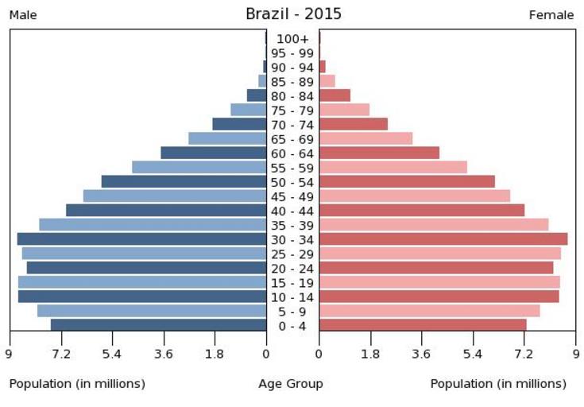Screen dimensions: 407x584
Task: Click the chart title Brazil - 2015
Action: pyautogui.click(x=293, y=14)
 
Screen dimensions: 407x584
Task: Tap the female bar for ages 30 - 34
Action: pyautogui.click(x=443, y=238)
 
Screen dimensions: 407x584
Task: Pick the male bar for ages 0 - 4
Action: pyautogui.click(x=158, y=325)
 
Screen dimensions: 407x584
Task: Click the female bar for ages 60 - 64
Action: pyautogui.click(x=379, y=153)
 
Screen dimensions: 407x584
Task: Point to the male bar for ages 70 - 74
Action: pyautogui.click(x=239, y=124)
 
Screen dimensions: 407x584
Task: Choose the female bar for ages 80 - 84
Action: pyautogui.click(x=335, y=95)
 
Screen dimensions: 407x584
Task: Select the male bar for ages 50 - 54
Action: pyautogui.click(x=184, y=181)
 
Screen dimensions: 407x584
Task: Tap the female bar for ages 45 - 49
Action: pyautogui.click(x=414, y=196)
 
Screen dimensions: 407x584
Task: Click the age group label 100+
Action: pyautogui.click(x=292, y=39)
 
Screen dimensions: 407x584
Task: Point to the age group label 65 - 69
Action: pyautogui.click(x=292, y=139)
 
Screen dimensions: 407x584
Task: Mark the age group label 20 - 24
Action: pyautogui.click(x=292, y=269)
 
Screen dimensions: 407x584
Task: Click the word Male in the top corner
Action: pyautogui.click(x=23, y=15)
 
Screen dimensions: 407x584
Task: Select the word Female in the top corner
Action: pyautogui.click(x=551, y=15)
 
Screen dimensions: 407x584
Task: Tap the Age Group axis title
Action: pyautogui.click(x=291, y=384)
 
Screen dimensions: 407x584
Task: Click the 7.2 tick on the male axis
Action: pyautogui.click(x=61, y=354)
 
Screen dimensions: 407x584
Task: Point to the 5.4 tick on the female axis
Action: pyautogui.click(x=473, y=354)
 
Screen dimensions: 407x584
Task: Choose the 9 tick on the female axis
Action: pyautogui.click(x=574, y=354)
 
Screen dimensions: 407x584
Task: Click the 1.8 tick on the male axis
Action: pyautogui.click(x=215, y=354)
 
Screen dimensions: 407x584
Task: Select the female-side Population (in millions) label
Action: pyautogui.click(x=498, y=384)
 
